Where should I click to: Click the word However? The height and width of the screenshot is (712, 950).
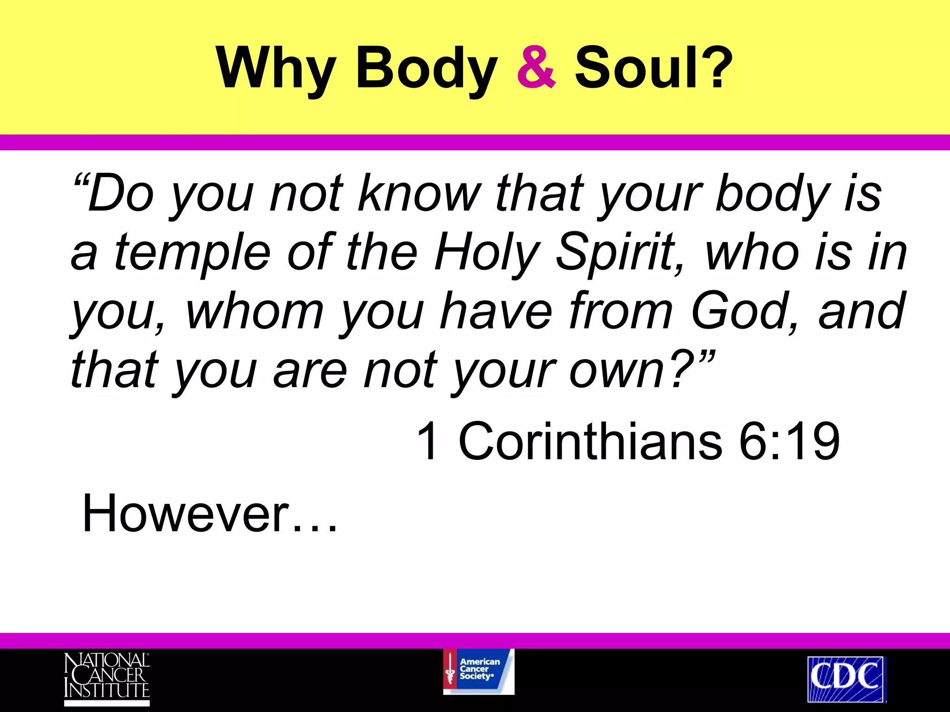click(186, 514)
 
